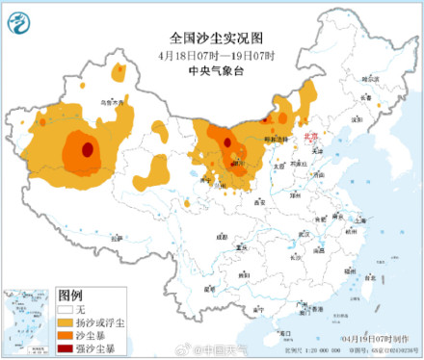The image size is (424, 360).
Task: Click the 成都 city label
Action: click(223, 236)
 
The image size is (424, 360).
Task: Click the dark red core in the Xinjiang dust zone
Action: click(88, 149)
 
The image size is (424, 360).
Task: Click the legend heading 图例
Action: click(70, 295)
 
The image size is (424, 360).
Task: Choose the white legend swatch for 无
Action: click(66, 309)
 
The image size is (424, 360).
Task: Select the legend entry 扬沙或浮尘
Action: click(99, 321)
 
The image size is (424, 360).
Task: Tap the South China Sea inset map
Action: click(28, 321)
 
